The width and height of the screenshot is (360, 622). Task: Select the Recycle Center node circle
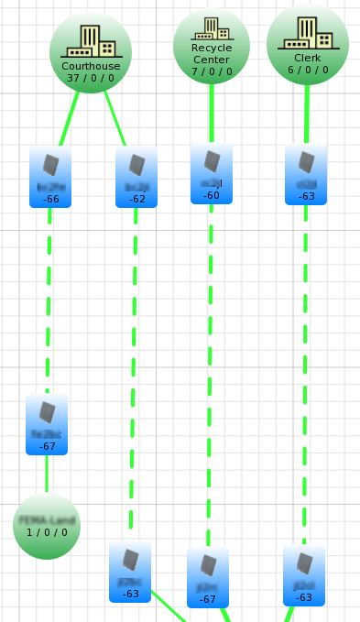pos(212,46)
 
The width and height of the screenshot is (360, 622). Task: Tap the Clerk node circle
pos(307,43)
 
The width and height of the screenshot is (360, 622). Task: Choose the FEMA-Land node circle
pos(47,525)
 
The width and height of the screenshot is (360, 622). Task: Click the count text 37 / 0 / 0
pos(91,78)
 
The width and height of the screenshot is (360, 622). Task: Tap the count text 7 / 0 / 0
pos(212,71)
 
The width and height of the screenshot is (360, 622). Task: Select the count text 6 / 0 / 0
pos(307,69)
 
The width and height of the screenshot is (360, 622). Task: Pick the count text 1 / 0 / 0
pos(47,531)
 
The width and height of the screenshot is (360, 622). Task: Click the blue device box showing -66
pos(50,177)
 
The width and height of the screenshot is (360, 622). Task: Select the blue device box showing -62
pos(136,177)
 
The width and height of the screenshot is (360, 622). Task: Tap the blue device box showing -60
pos(212,173)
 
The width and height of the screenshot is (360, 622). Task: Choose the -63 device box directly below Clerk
pos(306,174)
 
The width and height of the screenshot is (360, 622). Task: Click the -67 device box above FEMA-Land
pos(47,424)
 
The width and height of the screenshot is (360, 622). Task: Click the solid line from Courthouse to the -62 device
pos(115,119)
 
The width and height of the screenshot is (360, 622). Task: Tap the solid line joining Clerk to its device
pos(307,115)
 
